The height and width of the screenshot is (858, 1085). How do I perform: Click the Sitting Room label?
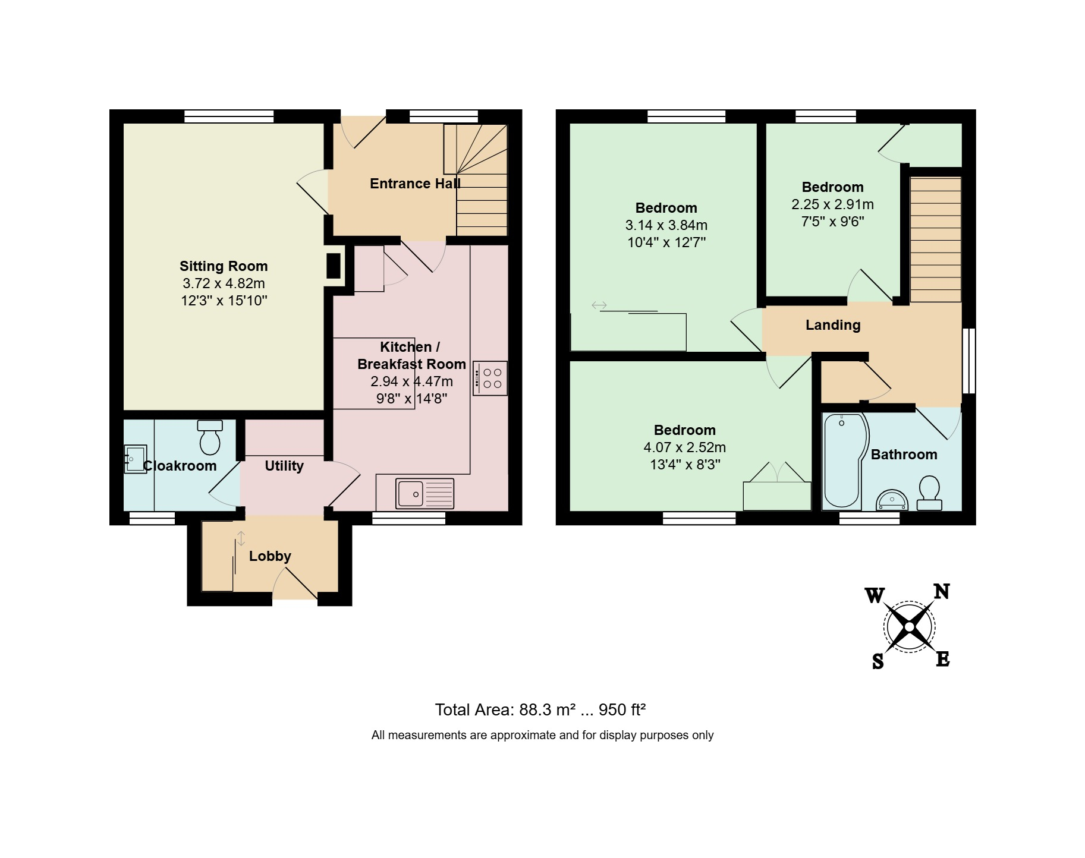click(224, 266)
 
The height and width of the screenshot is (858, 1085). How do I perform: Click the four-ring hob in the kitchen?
click(490, 378)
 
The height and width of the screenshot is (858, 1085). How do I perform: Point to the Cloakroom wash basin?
click(135, 459)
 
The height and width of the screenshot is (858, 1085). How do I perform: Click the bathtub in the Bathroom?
click(843, 461)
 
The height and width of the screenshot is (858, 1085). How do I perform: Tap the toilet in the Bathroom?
click(929, 493)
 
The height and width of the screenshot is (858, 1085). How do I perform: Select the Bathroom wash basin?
click(892, 500)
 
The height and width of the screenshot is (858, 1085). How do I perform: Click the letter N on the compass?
click(942, 591)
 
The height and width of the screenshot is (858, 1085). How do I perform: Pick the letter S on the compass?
click(878, 661)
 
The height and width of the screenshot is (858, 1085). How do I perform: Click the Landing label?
click(833, 325)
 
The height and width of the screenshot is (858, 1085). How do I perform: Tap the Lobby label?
click(270, 556)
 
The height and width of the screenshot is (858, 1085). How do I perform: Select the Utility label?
click(284, 466)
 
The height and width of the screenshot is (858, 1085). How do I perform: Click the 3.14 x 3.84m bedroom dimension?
click(666, 225)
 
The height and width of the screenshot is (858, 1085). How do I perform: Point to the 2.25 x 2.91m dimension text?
click(832, 204)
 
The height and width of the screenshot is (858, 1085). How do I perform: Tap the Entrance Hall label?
click(415, 184)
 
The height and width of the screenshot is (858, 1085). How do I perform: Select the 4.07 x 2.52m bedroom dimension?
click(685, 447)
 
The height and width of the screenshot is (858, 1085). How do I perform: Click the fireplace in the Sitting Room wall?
click(334, 266)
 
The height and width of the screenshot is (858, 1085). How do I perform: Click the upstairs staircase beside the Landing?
click(935, 239)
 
